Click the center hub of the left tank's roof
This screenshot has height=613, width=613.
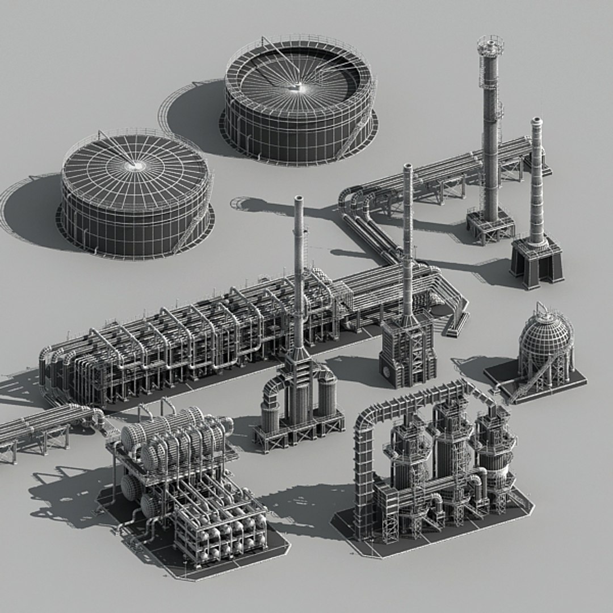[x=135, y=166]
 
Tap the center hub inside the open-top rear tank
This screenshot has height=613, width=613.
[x=296, y=87]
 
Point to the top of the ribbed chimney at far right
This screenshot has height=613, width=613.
[x=536, y=121]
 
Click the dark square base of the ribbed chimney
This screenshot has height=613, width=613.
[x=536, y=261]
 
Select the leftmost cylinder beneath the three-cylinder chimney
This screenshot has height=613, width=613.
[x=270, y=412]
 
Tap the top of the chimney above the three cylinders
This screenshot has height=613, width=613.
[x=299, y=200]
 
